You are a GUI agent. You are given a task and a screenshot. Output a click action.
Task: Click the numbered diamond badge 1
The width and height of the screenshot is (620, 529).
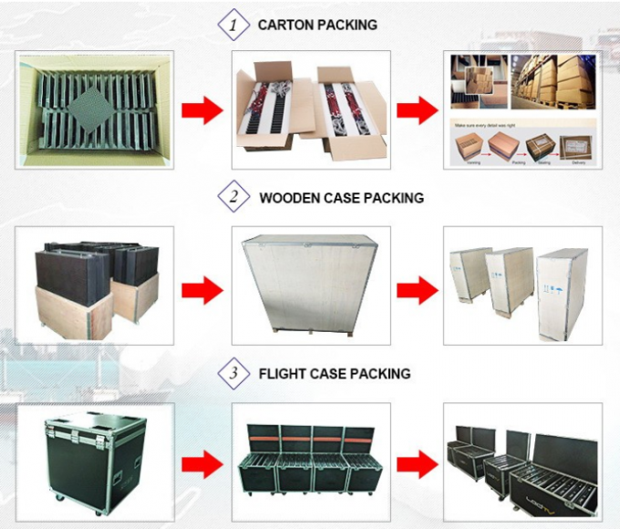(233, 26)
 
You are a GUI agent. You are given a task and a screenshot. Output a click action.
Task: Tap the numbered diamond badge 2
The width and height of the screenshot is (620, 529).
(233, 197)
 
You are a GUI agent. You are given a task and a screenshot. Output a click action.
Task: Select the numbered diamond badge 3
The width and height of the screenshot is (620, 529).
(233, 373)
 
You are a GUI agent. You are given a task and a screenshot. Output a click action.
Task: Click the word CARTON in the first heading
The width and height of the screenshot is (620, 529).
(286, 26)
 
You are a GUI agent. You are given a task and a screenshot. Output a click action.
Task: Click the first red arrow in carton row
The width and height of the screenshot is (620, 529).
(201, 110)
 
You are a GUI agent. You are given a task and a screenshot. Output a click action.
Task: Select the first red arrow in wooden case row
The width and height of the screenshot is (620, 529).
(201, 290)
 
